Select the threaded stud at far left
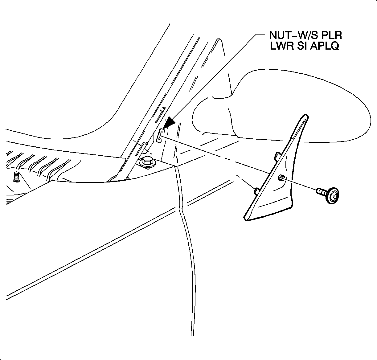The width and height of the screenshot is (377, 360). (16, 177)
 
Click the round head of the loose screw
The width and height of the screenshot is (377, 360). (333, 195)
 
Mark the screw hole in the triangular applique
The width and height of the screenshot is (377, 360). (281, 177)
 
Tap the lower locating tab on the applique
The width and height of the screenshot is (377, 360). (256, 191)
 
